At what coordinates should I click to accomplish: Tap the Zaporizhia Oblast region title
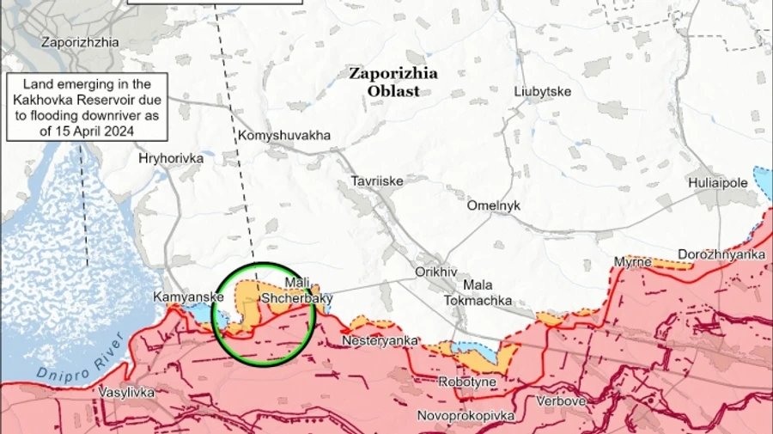tap(393, 82)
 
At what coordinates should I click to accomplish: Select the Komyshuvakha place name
tap(283, 136)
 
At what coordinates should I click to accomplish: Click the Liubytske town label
tap(542, 92)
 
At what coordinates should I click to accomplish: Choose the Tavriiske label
tap(376, 181)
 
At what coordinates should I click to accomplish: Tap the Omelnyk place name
tap(493, 206)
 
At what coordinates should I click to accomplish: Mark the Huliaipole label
tap(719, 184)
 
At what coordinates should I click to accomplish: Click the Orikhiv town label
tap(435, 271)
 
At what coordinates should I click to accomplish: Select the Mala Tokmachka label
tap(478, 292)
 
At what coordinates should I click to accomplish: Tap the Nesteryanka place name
tap(380, 340)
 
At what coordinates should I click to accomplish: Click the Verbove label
tap(561, 401)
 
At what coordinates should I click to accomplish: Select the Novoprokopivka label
tap(466, 416)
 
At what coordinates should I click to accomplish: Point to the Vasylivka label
tap(126, 392)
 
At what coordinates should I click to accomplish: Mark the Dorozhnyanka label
tap(721, 255)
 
